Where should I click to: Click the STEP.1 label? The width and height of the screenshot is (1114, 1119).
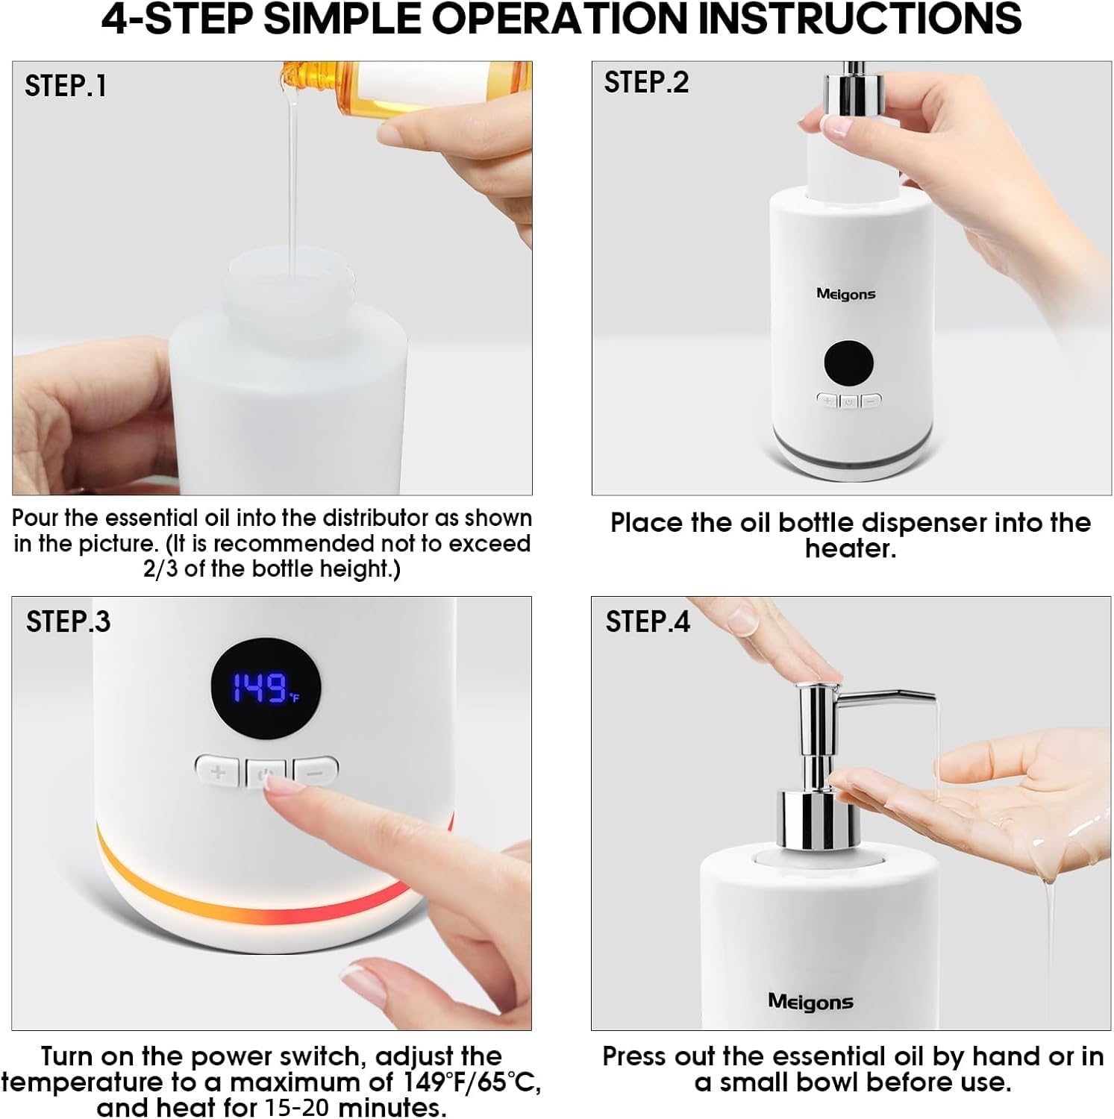coord(66,86)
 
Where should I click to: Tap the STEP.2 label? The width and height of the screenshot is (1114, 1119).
coord(646,82)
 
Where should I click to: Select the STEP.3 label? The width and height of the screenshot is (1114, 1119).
coord(68,621)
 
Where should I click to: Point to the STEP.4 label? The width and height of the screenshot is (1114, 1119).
coord(648,621)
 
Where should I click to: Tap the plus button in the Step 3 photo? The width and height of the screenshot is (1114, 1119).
coord(217,771)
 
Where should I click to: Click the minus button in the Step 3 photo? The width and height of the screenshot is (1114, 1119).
coord(316,771)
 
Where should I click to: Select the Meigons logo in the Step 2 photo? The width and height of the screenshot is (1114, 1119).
coord(845,294)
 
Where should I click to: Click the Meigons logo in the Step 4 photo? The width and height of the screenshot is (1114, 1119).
coord(810,1002)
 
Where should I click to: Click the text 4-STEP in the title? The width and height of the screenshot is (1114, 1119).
coord(177,19)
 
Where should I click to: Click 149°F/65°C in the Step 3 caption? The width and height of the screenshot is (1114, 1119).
coord(472,1082)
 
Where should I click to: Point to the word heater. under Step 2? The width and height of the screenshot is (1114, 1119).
coord(850,548)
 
